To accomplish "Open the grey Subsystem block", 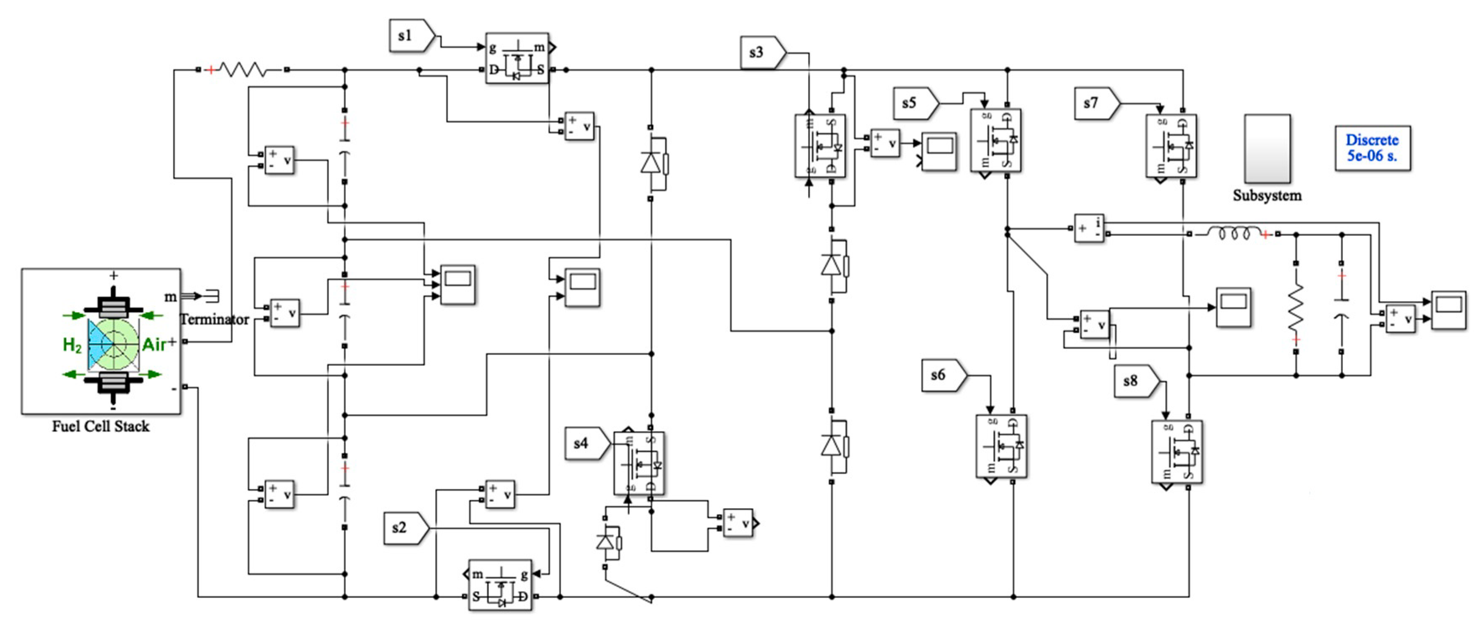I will [1267, 149].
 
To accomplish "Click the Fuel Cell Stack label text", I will [101, 427].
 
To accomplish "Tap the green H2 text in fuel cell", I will [72, 345].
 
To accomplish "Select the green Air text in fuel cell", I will [153, 344].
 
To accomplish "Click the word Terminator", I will [215, 319].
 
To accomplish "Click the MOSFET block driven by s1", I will [517, 58].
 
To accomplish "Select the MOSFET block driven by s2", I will [500, 585].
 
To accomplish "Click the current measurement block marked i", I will [1089, 228].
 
